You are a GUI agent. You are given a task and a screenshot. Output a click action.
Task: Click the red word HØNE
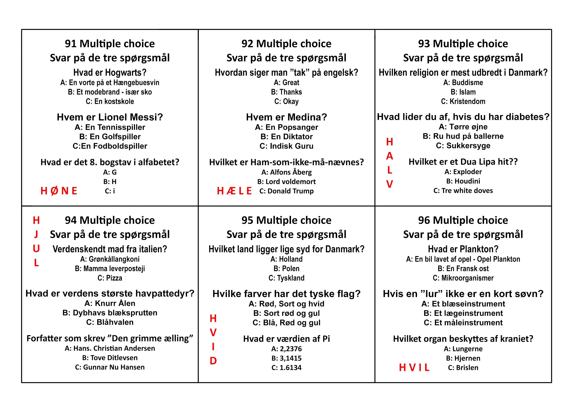tap(59, 191)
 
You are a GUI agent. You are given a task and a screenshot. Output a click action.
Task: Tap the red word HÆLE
tap(234, 191)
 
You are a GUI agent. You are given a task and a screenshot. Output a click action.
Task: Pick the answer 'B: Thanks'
tap(286, 92)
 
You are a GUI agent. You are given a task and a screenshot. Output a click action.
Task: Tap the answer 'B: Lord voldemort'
tap(286, 182)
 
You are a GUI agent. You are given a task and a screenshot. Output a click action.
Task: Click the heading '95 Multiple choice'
tap(286, 220)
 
